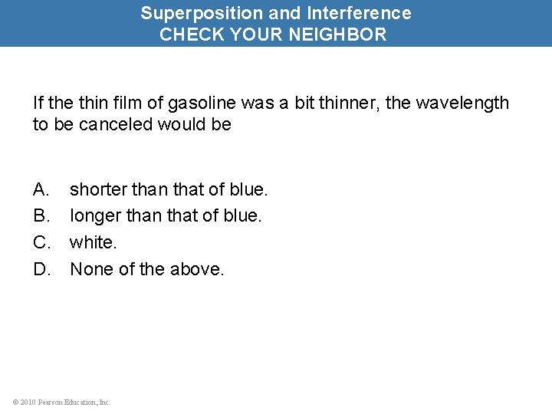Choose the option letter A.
(41, 189)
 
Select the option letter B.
(41, 215)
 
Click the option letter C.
(41, 242)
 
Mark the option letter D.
(41, 269)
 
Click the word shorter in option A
(97, 189)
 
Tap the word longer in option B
(95, 215)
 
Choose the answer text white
(92, 242)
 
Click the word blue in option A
(246, 189)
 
